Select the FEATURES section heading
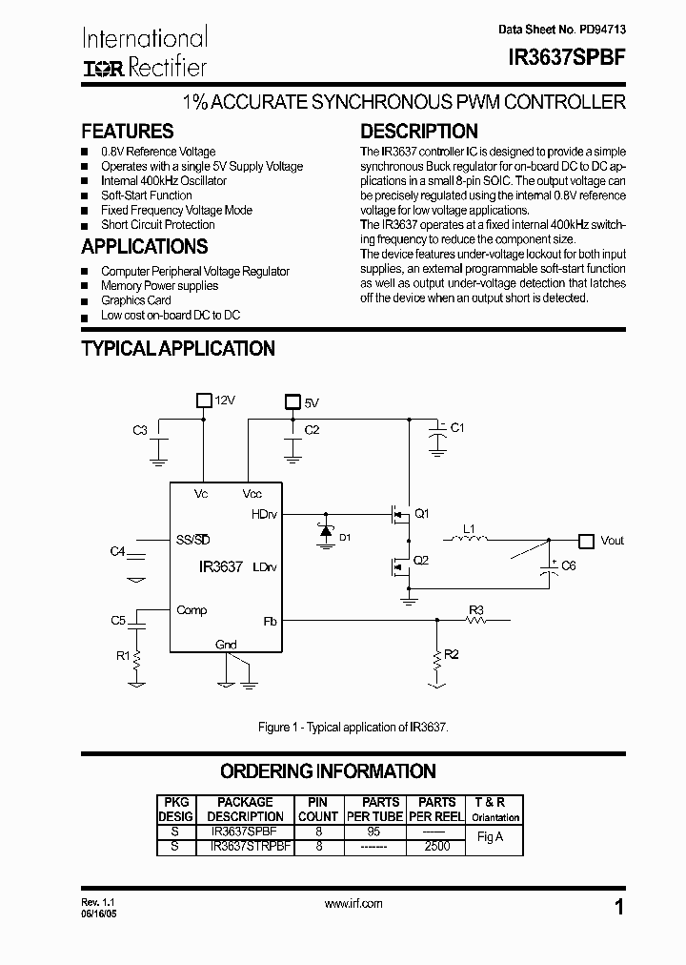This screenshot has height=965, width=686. click(x=128, y=132)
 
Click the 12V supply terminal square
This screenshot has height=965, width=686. click(x=203, y=400)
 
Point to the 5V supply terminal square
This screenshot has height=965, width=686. click(x=293, y=402)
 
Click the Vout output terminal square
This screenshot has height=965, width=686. click(x=586, y=540)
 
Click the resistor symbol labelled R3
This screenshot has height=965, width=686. click(x=475, y=621)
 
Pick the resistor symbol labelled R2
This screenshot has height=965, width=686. click(x=437, y=657)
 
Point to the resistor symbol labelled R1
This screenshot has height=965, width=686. click(x=138, y=657)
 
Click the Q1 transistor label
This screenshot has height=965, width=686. click(x=420, y=513)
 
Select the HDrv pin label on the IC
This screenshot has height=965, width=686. click(x=264, y=514)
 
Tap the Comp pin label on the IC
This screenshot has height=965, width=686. click(x=192, y=610)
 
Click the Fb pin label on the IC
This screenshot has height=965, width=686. click(x=270, y=621)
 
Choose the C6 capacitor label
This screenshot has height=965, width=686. click(x=569, y=565)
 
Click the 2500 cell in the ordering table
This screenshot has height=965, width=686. click(x=437, y=845)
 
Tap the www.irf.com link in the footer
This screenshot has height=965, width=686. click(x=353, y=903)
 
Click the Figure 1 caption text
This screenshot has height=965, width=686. click(x=353, y=728)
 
